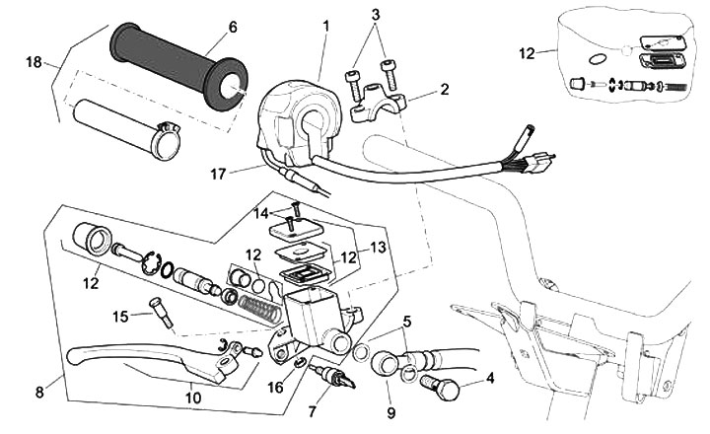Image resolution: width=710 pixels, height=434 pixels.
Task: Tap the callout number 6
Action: point(233,27)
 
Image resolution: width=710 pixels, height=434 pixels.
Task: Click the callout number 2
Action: point(445,89)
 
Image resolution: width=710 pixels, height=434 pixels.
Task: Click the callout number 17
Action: point(218,175)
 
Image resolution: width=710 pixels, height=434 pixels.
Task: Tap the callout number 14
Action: point(261,212)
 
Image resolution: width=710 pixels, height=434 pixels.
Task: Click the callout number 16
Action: point(276,388)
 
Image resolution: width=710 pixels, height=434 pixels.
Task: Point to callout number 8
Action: point(39,392)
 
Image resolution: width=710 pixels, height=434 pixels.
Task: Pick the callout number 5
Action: point(407,323)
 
